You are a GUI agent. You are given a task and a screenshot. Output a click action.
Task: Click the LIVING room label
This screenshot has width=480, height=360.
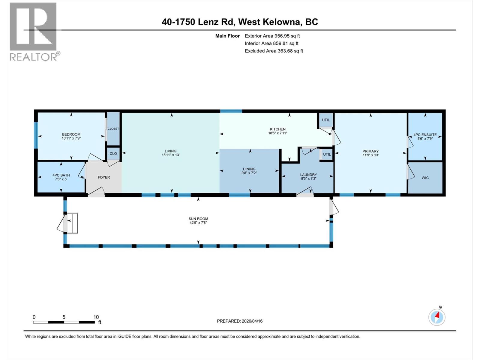170,151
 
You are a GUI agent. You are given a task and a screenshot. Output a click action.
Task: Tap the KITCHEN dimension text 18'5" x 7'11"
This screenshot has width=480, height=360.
277,133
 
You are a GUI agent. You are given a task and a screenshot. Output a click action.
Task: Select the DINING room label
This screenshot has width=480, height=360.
249,169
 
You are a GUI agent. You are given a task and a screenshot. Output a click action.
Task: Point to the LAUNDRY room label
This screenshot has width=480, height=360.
308,175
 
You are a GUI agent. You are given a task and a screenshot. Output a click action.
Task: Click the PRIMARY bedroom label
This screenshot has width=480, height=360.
370,151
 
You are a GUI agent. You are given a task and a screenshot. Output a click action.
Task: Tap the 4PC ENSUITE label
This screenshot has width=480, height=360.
425,135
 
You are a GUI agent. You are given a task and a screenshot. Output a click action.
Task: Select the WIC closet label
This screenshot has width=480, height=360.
425,178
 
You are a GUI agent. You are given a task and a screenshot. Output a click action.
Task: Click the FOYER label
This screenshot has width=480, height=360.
104,177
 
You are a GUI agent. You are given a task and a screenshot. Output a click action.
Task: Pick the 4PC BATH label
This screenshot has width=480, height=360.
61,175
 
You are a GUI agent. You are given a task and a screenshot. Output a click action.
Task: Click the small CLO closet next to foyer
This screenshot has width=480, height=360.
113,154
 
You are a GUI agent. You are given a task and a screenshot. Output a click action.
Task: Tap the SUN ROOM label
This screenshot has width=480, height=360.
198,219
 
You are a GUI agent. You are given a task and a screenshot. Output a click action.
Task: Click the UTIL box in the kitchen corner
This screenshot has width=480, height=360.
326,120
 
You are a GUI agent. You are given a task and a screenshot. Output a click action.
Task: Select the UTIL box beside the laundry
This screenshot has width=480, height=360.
327,154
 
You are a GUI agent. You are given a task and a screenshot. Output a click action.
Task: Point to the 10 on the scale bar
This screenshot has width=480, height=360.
96,317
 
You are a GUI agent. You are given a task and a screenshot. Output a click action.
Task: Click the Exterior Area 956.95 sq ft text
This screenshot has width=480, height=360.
272,36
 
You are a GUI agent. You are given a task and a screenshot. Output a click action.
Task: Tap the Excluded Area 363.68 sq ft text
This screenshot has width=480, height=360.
274,51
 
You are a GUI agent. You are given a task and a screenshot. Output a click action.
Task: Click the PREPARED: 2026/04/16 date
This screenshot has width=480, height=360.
240,321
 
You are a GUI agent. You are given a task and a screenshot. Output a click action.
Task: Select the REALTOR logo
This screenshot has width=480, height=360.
34,31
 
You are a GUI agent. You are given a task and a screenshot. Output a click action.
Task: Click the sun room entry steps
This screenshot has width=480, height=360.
72,223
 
